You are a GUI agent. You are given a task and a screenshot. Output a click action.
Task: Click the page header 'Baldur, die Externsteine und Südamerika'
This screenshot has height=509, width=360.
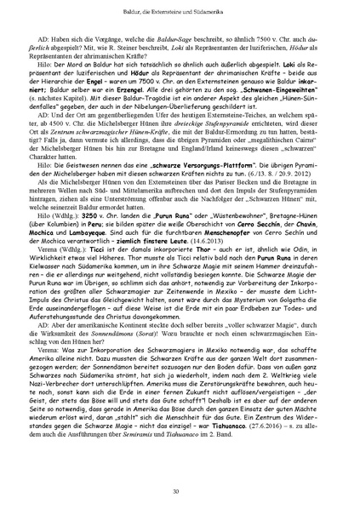pos(180,9)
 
